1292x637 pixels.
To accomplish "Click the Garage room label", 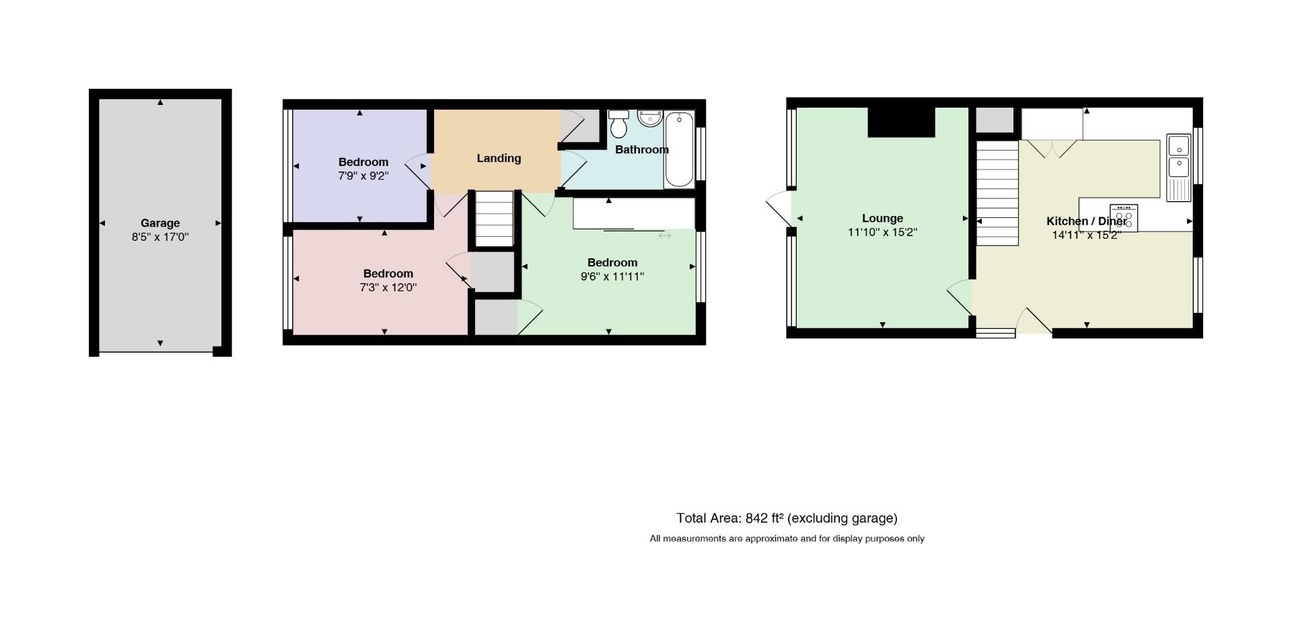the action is coord(160,223).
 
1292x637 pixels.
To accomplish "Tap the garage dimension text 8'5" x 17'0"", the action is coord(160,237).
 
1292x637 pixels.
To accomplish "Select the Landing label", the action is coord(499,159).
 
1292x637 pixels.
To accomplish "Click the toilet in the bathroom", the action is coord(618,123).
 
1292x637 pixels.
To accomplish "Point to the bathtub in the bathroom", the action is coord(679,149).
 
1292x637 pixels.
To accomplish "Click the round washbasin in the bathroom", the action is coord(650,118).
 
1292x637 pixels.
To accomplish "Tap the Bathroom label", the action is coord(642,150).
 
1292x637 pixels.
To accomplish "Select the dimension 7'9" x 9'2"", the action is coord(363,176).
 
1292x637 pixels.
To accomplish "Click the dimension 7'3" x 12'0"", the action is coord(388,288).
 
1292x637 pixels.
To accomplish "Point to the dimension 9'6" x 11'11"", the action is coord(612,276).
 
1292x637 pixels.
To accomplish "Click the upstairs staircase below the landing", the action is coord(495,219).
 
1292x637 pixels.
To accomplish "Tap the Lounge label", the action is coord(882,219).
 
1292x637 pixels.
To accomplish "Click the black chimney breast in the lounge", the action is coord(902,122).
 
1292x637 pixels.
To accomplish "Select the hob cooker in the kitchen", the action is coord(1124,218).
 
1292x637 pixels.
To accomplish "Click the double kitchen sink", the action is coord(1178,167).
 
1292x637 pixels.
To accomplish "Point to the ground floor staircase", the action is coord(997,193).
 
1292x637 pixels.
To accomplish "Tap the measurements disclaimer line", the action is coord(787,539).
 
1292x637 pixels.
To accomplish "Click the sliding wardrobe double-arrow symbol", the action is coord(665,235).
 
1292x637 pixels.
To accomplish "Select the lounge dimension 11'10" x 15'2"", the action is coord(882,233).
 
